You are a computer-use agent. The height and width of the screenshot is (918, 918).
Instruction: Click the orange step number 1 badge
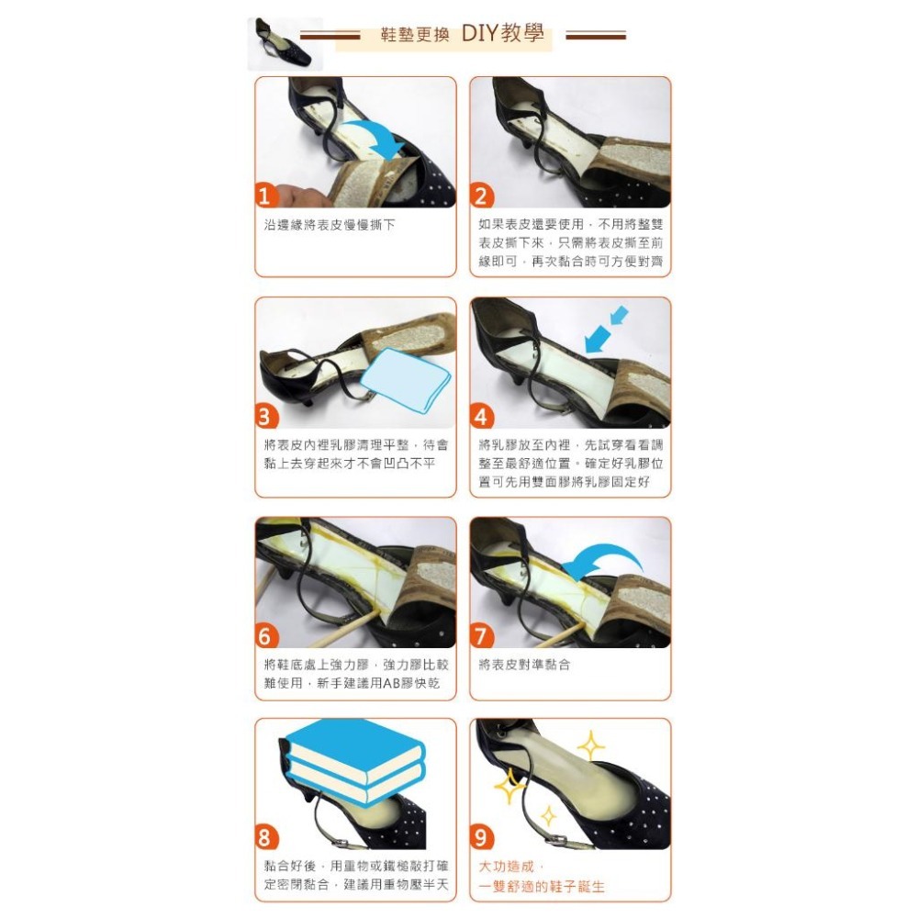[x=264, y=196]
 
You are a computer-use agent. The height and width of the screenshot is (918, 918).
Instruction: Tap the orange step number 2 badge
[x=481, y=196]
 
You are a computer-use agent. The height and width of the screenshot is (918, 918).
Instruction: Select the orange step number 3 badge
[x=264, y=416]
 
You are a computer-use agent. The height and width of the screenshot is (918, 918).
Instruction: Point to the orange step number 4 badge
[x=481, y=416]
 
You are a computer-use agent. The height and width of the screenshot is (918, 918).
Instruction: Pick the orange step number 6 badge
[x=264, y=636]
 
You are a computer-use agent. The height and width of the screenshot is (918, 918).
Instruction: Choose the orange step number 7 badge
[x=481, y=636]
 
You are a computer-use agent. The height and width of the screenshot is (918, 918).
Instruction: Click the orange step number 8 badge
[x=264, y=838]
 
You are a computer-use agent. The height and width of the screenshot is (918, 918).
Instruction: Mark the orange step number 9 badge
[x=481, y=838]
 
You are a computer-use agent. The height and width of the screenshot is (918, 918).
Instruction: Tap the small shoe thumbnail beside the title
[x=285, y=44]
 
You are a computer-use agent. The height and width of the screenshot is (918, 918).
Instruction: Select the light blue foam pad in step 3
[x=406, y=380]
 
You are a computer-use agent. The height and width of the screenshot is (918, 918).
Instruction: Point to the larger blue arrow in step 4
[x=598, y=340]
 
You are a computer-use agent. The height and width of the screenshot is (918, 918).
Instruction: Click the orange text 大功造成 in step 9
[x=507, y=867]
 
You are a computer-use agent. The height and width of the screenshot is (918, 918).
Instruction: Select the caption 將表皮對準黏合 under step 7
[x=524, y=665]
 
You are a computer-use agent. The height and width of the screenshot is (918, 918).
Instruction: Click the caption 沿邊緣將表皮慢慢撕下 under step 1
[x=330, y=225]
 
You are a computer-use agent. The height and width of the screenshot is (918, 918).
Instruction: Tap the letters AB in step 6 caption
[x=391, y=683]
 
